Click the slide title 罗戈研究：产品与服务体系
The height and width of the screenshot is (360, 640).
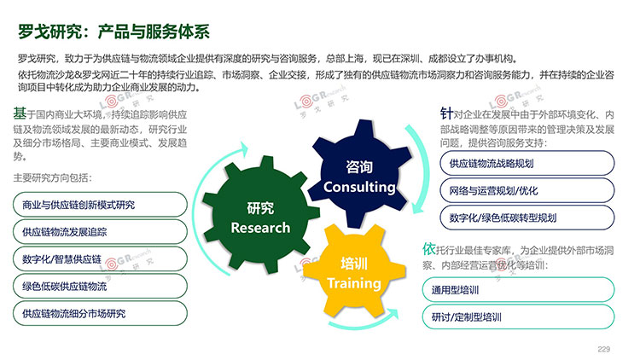(113, 32)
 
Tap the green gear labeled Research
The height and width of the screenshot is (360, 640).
(261, 215)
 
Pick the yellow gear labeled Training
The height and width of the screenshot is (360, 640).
(354, 271)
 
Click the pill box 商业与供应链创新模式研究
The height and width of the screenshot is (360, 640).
(100, 205)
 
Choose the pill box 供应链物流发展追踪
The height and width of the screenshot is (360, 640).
(100, 232)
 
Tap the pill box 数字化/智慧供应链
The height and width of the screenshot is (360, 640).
(100, 258)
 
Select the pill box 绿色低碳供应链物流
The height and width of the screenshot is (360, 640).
(100, 286)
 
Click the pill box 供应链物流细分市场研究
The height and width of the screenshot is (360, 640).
(100, 313)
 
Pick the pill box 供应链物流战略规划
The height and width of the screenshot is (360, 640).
(527, 163)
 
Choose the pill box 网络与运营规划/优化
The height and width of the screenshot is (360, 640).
(527, 190)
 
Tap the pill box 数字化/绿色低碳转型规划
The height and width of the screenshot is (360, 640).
(527, 218)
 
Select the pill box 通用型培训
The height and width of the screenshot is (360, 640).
(518, 290)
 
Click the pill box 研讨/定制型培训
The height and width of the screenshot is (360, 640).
(518, 316)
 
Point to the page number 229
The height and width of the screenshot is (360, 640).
(603, 349)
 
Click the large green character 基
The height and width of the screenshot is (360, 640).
(20, 113)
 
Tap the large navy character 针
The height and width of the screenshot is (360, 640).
(446, 113)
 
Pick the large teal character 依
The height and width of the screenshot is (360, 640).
(429, 248)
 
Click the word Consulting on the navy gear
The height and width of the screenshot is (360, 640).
(359, 187)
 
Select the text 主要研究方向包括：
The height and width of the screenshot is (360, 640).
(53, 177)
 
